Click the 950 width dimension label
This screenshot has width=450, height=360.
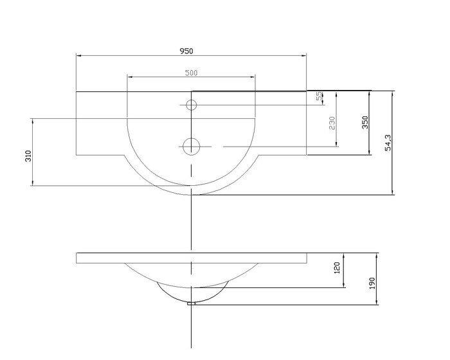[186, 51]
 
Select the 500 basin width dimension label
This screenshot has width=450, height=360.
[191, 73]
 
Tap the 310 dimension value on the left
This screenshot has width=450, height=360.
[28, 156]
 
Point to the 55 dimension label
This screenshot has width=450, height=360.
[319, 96]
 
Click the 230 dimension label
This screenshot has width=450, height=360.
[332, 123]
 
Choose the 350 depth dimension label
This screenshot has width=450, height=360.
[364, 122]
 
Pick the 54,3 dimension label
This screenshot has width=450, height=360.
[388, 143]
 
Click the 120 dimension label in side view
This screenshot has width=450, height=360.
[337, 267]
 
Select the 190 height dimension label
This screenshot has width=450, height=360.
[372, 283]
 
